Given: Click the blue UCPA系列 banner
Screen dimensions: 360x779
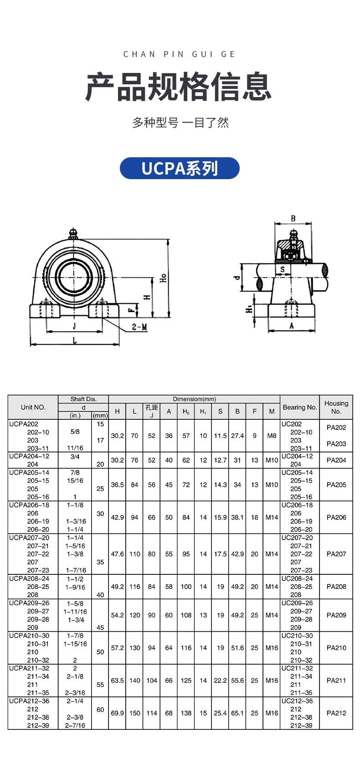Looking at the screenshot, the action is (x=180, y=168).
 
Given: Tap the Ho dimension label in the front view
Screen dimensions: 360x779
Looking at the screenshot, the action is (x=163, y=278).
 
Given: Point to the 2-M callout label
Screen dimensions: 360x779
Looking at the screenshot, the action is (x=139, y=327).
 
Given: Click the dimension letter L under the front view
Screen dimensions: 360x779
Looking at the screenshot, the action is (x=75, y=340).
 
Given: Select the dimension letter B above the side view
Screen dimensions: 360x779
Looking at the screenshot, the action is (x=293, y=218).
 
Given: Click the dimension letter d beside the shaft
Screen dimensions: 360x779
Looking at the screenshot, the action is (x=237, y=277).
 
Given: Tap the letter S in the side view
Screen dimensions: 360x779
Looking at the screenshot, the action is (x=283, y=269).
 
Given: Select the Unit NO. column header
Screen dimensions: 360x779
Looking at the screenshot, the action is (x=33, y=407).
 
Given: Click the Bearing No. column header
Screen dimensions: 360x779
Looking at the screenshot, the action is (x=299, y=407).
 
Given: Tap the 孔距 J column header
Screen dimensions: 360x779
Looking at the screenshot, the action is (x=152, y=411).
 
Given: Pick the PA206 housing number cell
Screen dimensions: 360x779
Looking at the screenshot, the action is (x=336, y=517).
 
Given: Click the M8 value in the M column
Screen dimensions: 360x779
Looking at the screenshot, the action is (x=272, y=436).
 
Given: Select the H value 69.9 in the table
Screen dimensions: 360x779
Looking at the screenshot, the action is (x=117, y=713).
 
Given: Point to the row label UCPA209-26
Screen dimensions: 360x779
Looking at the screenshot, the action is (x=29, y=603).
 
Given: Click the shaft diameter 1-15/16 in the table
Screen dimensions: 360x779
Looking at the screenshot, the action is (x=75, y=644).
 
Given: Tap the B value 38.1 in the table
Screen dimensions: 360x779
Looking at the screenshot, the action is (x=237, y=517).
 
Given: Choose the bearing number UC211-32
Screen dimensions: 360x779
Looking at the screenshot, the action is (x=297, y=668).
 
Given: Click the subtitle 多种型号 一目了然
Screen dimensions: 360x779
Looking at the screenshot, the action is (x=180, y=123).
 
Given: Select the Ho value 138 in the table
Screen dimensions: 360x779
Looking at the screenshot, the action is (x=186, y=713).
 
